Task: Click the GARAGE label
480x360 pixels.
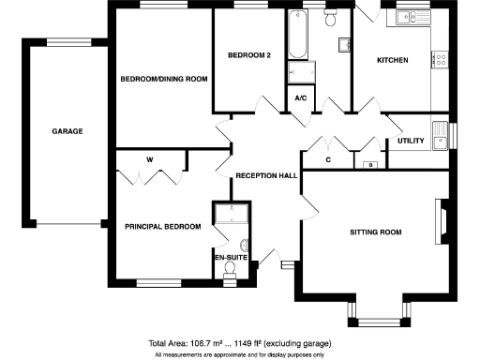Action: (x=67, y=131)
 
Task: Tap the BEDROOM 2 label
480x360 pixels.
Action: (x=249, y=55)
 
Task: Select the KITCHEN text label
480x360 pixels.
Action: (x=392, y=60)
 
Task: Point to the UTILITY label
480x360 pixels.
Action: (x=411, y=142)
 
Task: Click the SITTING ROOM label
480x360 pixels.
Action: (x=375, y=231)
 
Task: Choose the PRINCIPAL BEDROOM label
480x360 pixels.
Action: (x=163, y=226)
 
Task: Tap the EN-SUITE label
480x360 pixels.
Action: (x=230, y=256)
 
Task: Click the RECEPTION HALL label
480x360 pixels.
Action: (x=266, y=175)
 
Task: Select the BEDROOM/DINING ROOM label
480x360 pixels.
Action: (x=163, y=79)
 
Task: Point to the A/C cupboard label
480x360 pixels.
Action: (x=301, y=97)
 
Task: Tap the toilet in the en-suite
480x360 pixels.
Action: (x=231, y=269)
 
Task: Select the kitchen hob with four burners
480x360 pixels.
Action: (x=439, y=59)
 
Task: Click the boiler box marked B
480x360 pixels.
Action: (x=370, y=165)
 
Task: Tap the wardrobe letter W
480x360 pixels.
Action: (x=148, y=159)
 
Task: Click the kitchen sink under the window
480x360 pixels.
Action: (x=407, y=17)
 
